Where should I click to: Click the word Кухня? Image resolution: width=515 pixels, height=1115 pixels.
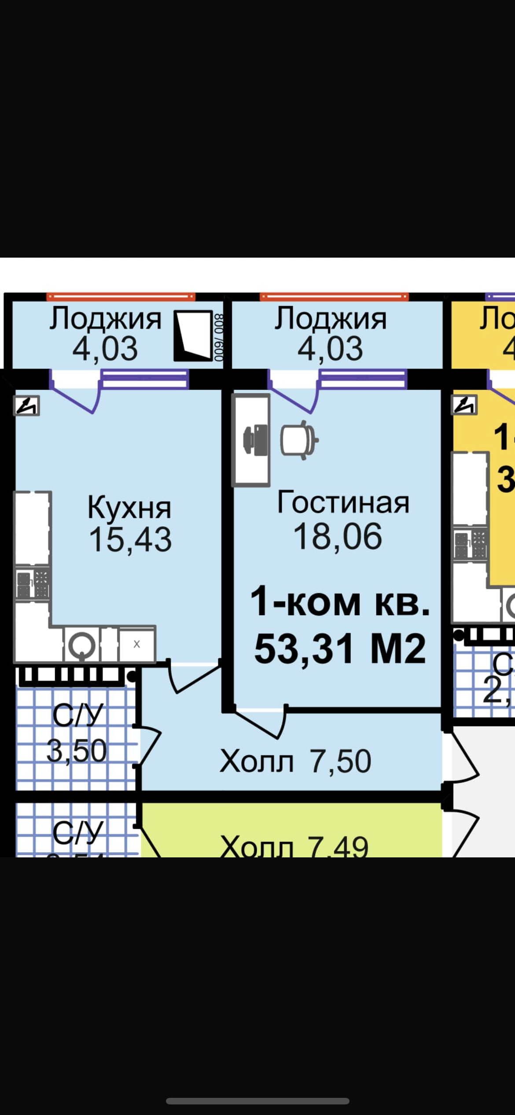[x=129, y=508]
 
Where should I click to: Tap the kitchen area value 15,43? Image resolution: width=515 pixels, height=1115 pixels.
[x=130, y=540]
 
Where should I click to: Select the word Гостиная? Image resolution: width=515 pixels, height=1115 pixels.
[x=343, y=502]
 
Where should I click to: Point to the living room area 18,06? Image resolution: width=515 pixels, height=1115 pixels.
[x=338, y=536]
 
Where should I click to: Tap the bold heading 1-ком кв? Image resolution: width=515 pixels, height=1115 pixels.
[x=340, y=602]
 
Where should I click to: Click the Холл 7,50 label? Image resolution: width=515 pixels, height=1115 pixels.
[x=295, y=761]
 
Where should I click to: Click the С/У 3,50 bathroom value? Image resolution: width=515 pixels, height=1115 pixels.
[x=77, y=751]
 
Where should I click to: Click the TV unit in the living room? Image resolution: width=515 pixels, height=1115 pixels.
[x=251, y=440]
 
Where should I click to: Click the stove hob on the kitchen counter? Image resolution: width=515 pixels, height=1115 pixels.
[x=33, y=584]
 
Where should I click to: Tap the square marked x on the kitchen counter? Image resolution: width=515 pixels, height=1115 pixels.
[x=137, y=645]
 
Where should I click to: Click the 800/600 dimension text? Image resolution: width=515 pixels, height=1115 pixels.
[x=219, y=337]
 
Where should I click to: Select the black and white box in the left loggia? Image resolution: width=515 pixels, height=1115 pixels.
[x=193, y=336]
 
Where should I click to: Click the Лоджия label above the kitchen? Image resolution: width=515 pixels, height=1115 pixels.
[x=105, y=318]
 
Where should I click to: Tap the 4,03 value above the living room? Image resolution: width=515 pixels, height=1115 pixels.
[x=330, y=349]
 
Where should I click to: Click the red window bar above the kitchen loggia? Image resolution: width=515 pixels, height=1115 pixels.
[x=121, y=297]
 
